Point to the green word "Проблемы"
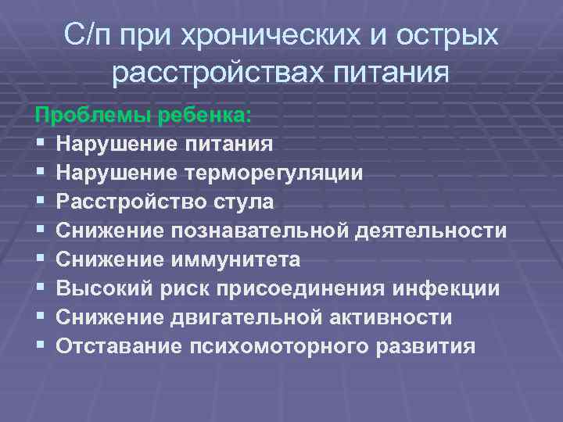coord(93,115)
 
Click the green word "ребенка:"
coord(205,115)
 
